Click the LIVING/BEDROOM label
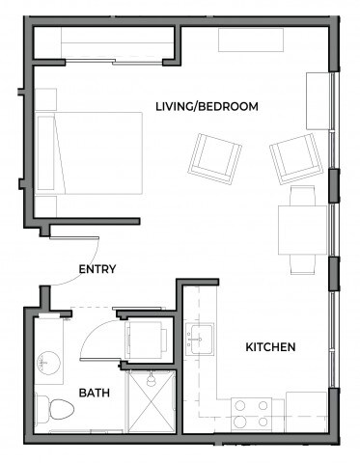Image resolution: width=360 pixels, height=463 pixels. pyautogui.click(x=207, y=106)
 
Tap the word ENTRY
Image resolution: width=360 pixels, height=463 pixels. pyautogui.click(x=97, y=269)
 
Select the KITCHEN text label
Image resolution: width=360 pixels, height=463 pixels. pyautogui.click(x=269, y=346)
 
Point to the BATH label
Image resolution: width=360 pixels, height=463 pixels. pyautogui.click(x=94, y=393)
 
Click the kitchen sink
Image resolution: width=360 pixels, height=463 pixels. pyautogui.click(x=203, y=339)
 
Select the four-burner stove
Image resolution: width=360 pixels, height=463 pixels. pyautogui.click(x=252, y=413)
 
